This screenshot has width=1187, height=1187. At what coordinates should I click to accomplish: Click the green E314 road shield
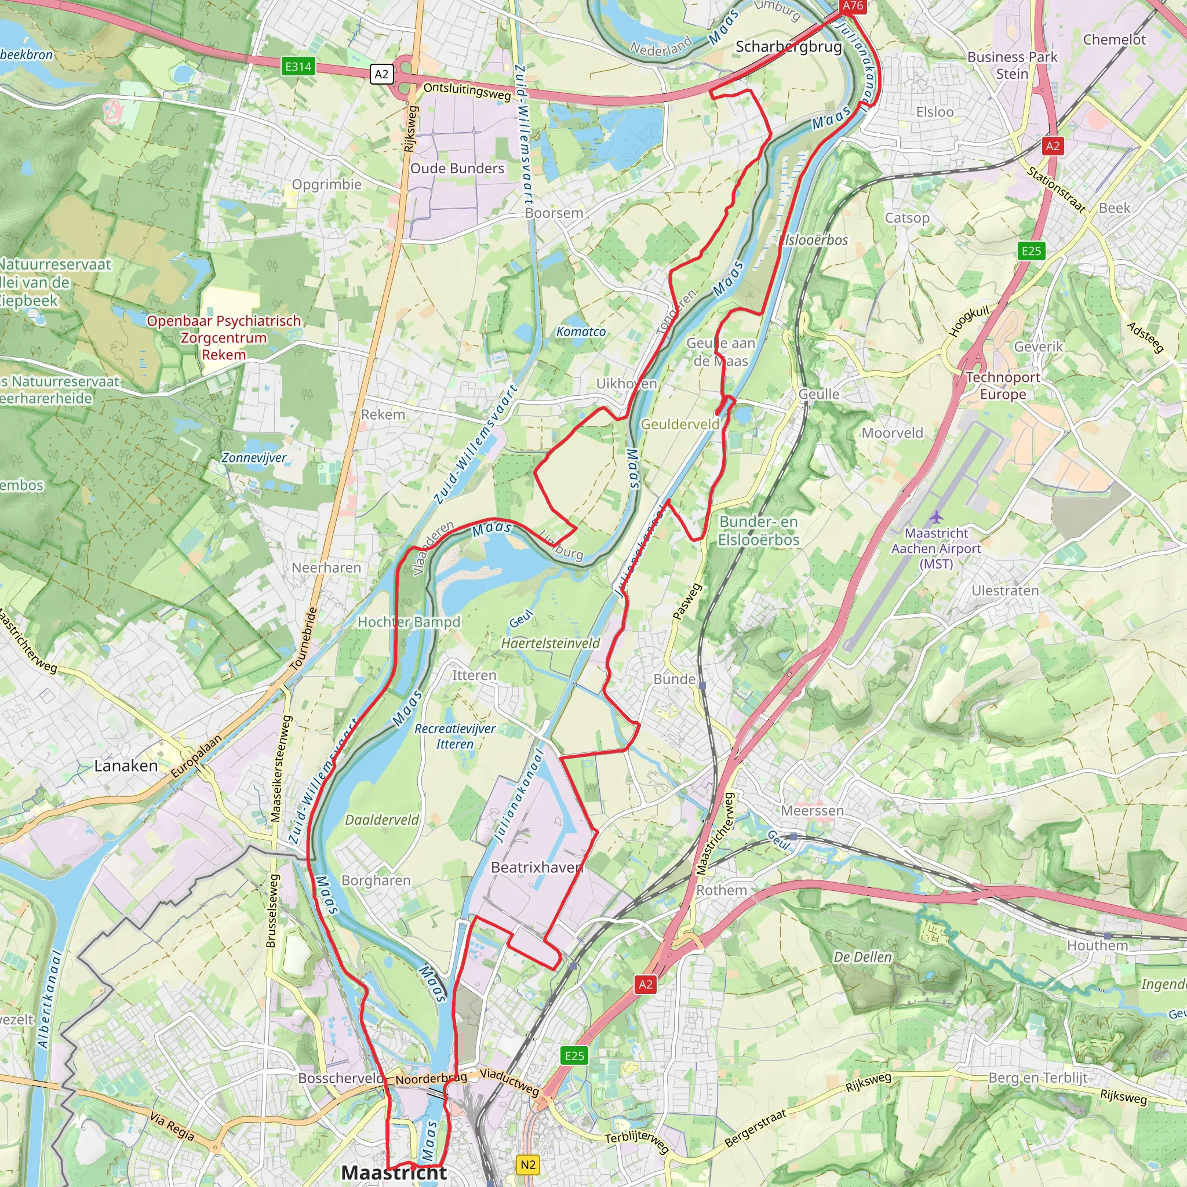[298, 66]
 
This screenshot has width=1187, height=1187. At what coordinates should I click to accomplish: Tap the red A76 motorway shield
[853, 6]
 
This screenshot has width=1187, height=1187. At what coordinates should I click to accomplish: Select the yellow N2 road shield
[528, 1164]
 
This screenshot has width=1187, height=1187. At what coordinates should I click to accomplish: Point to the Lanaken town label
[126, 766]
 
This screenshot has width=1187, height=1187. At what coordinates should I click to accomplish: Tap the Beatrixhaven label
[536, 867]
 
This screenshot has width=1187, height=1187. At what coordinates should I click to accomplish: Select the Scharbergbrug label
[788, 47]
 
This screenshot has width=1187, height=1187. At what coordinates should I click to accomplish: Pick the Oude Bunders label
[457, 168]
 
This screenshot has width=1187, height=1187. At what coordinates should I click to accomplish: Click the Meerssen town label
[812, 810]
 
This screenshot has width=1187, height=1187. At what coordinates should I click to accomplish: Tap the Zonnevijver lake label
[254, 458]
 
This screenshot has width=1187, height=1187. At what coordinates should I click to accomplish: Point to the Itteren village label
[474, 675]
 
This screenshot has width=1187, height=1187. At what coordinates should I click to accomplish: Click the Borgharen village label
[376, 880]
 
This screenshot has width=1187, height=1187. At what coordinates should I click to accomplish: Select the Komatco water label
[581, 332]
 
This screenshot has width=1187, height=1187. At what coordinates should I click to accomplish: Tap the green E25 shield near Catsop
[1031, 250]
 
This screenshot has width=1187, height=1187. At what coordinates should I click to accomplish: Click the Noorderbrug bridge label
[431, 1079]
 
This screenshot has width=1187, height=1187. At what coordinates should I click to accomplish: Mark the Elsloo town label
[934, 112]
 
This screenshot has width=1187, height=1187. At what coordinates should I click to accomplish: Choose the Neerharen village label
[326, 567]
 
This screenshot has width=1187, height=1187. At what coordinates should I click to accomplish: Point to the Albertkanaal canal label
[49, 999]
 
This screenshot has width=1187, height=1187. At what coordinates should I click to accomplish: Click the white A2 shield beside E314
[381, 74]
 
